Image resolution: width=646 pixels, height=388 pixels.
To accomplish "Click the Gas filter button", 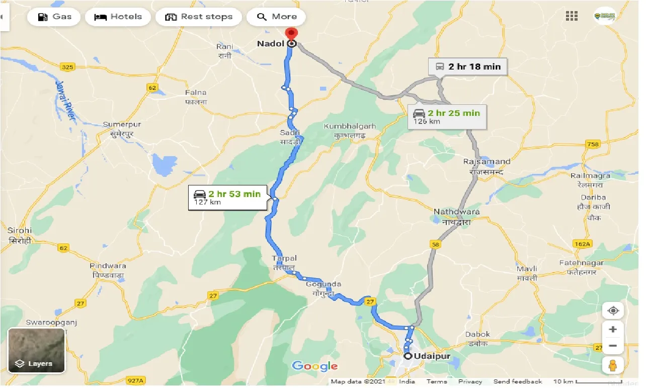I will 54,17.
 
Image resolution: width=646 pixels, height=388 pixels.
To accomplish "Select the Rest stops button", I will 199,17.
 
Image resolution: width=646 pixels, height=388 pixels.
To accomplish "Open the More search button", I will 276,17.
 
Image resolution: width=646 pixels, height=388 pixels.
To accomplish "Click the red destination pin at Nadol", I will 291,34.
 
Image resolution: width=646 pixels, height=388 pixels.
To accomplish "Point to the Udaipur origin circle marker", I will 408,357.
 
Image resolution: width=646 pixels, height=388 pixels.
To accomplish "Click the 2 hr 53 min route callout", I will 227,198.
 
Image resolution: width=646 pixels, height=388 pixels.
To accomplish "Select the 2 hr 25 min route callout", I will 447,116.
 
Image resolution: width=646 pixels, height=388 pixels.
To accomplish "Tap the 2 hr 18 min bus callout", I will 468,67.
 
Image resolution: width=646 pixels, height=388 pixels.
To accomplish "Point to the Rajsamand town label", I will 487,162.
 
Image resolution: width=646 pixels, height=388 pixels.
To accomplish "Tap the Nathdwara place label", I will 456,212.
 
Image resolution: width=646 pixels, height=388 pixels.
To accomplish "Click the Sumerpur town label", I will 122,124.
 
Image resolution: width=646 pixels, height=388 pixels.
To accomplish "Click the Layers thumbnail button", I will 36,350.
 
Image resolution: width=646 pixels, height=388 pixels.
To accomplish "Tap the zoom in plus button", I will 612,330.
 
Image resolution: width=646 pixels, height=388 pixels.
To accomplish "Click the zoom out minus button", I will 612,346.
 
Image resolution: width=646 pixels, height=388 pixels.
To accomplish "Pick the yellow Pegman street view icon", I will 612,366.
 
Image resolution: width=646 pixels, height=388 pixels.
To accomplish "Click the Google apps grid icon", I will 571,16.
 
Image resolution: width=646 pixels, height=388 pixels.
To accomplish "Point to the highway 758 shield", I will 593,145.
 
